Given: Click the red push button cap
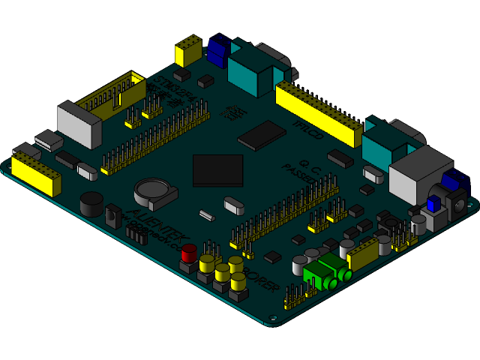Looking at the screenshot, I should [189, 251].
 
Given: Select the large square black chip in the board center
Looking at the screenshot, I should [218, 170].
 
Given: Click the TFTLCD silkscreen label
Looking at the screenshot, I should [307, 129].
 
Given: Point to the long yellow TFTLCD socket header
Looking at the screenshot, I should [318, 113].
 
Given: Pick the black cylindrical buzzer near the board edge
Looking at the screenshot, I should [92, 203].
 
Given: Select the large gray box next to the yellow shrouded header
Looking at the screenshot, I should [79, 124].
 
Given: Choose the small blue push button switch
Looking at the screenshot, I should [433, 203].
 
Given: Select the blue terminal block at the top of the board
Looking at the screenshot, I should [218, 50].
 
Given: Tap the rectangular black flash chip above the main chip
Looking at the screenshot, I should [261, 135].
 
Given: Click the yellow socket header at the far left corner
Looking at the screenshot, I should [36, 175].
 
